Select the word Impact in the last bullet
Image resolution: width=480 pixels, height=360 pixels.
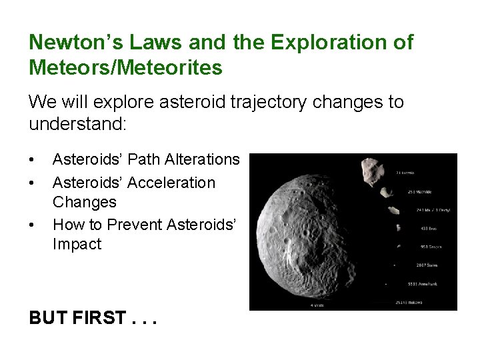click(x=77, y=244)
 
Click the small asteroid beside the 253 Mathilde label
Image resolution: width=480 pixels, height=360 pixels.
click(x=387, y=193)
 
